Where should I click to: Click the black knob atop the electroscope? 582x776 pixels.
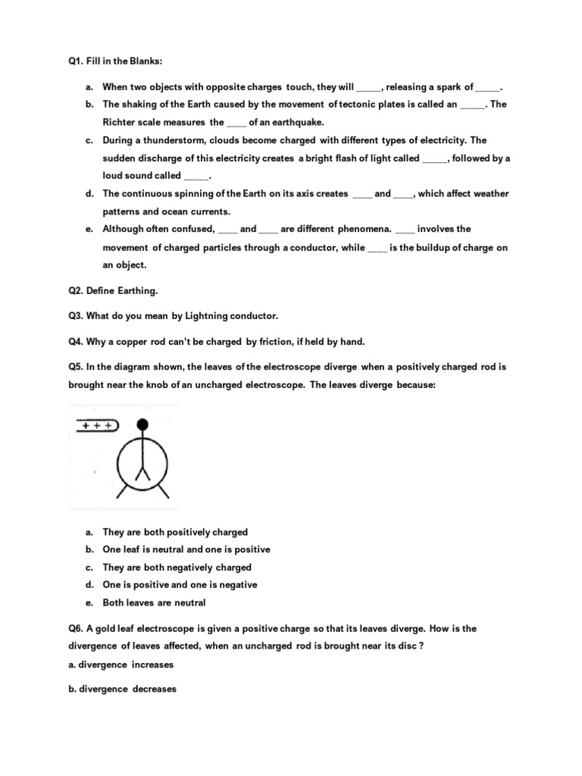coord(142,425)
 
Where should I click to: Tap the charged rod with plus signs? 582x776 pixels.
coord(96,427)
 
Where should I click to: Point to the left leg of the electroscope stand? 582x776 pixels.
coord(122,492)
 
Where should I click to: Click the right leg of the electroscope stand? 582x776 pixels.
coord(162,492)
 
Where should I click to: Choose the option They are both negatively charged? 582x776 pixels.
coord(177,568)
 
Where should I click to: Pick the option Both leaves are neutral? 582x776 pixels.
coord(154,603)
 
